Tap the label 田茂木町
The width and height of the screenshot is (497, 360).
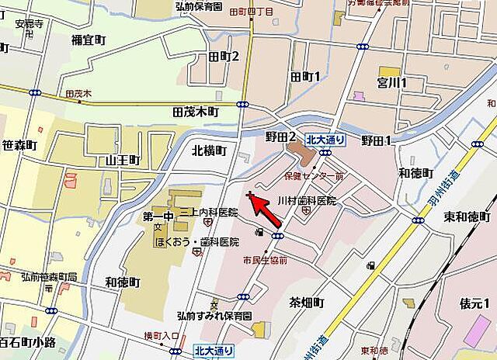pos(195,112)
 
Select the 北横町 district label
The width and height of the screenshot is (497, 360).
pos(209,151)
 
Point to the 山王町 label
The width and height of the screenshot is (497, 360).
pos(123,160)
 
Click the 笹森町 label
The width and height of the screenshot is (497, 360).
pos(19,145)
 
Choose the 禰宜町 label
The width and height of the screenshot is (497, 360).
pos(87,40)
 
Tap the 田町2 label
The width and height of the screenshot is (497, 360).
pos(224,57)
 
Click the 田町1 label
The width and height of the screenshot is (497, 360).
pos(305,77)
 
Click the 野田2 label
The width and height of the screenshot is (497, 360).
pos(280,137)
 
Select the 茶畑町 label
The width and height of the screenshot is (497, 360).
pos(306,301)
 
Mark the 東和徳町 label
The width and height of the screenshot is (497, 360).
pos(465,216)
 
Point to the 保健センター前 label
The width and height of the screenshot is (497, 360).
pos(315,177)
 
